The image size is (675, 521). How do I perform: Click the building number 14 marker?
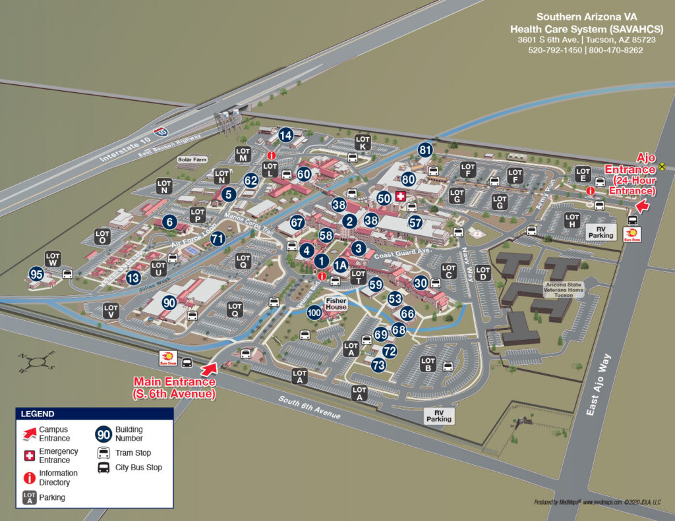(285, 135)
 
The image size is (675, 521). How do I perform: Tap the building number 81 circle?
(425, 150)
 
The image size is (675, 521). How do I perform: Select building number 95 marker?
(36, 274)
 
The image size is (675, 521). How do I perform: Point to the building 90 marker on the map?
(169, 303)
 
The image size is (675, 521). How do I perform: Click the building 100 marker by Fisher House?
(314, 312)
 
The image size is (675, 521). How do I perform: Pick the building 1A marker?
(340, 265)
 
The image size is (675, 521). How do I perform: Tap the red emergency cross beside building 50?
(400, 197)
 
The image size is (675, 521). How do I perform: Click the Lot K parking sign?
(363, 142)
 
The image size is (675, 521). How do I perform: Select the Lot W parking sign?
(53, 259)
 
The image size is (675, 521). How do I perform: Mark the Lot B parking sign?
(428, 364)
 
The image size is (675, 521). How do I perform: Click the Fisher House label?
(336, 304)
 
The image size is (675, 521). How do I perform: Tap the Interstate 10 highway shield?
(161, 132)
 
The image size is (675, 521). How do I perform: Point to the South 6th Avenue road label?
(310, 408)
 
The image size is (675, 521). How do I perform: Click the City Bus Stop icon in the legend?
(103, 468)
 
